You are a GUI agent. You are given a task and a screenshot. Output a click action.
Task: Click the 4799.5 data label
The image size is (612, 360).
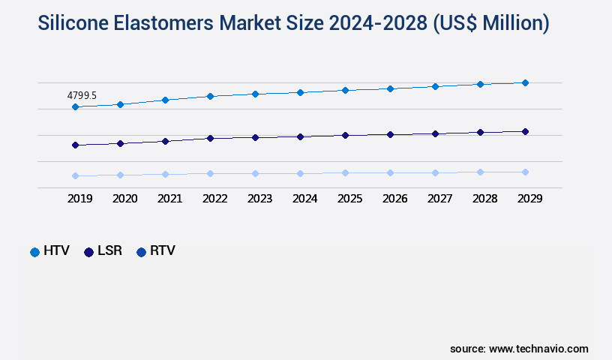click(82, 96)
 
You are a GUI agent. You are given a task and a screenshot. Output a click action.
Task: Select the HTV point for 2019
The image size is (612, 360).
click(75, 107)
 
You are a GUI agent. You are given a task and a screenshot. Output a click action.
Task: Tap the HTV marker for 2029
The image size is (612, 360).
click(525, 82)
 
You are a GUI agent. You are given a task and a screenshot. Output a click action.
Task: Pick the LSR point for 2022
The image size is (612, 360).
click(210, 138)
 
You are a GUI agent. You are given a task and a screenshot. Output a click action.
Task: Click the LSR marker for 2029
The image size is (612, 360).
click(525, 131)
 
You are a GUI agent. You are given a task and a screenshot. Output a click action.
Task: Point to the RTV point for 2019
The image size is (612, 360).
click(75, 175)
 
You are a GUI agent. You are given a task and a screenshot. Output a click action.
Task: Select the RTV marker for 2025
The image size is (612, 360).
click(345, 172)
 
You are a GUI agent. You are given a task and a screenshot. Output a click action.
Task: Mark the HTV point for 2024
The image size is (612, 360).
click(300, 92)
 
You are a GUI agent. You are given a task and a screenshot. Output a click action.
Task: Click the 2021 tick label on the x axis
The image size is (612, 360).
click(169, 199)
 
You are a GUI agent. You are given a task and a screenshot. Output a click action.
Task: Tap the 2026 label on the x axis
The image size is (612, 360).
click(394, 199)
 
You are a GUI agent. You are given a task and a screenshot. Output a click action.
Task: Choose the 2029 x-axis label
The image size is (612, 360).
click(529, 199)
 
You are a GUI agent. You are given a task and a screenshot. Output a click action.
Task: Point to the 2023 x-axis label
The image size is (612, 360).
click(259, 199)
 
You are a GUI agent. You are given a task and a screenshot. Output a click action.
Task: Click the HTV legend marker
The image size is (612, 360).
click(34, 252)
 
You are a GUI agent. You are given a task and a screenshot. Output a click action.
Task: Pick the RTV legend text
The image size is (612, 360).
click(163, 251)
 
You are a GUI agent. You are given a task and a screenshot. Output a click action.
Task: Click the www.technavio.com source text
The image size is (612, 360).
click(538, 349)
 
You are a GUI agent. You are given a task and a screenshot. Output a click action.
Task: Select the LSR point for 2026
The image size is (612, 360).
click(390, 134)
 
